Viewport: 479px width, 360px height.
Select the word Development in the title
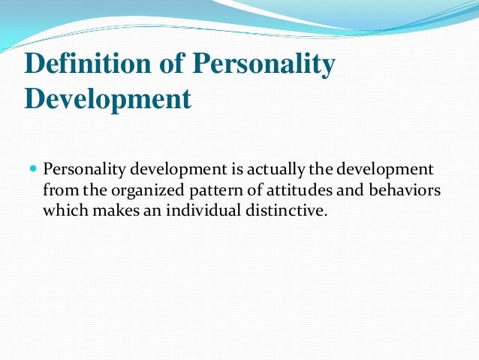[x=107, y=98]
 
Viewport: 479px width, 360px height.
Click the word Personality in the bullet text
[x=80, y=169]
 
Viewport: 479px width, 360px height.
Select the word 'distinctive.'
[x=284, y=210]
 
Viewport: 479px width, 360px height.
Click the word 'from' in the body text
[x=58, y=189]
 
